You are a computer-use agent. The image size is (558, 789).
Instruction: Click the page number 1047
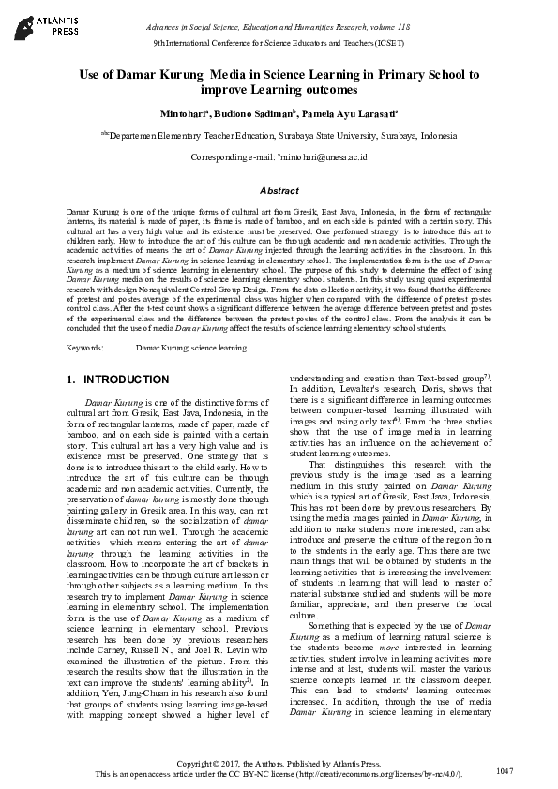(505, 769)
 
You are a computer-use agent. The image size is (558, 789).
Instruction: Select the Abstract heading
(279, 189)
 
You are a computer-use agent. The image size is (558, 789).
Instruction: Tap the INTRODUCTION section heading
(126, 380)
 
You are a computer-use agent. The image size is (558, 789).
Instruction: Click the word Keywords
(84, 348)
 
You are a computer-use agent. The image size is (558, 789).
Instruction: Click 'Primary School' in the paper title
(407, 72)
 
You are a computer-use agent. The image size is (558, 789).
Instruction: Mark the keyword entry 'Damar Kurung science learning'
(191, 348)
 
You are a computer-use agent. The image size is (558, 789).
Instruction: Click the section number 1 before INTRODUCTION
(70, 380)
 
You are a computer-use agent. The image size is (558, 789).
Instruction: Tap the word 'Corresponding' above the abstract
(218, 157)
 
